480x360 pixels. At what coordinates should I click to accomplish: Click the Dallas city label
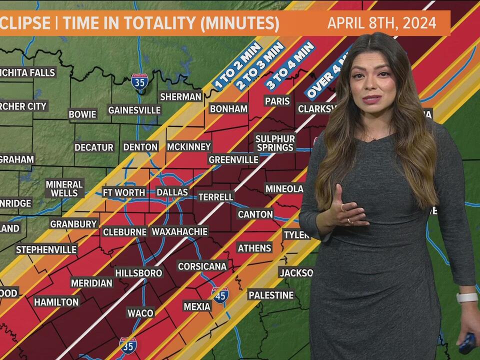click(x=172, y=192)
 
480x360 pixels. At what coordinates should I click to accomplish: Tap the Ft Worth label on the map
click(x=124, y=192)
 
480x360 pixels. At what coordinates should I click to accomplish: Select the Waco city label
click(x=140, y=313)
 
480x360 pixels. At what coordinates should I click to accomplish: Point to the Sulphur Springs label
click(x=275, y=143)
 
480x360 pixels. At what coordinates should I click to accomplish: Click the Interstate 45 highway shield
click(x=220, y=295)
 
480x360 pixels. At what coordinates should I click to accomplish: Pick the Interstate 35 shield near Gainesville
click(x=139, y=82)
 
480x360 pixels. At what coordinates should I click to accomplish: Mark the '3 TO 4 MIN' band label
click(x=290, y=65)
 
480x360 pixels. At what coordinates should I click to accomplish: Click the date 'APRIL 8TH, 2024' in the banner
click(x=382, y=23)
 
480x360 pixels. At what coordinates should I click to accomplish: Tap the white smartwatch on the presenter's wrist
click(x=467, y=298)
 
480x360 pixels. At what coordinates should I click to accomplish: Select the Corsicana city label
click(x=202, y=266)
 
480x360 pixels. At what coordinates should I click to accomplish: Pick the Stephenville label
click(x=46, y=249)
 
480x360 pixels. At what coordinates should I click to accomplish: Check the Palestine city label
click(x=271, y=295)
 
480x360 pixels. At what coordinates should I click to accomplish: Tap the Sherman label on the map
click(x=180, y=97)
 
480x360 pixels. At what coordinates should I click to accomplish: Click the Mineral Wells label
click(x=64, y=188)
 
